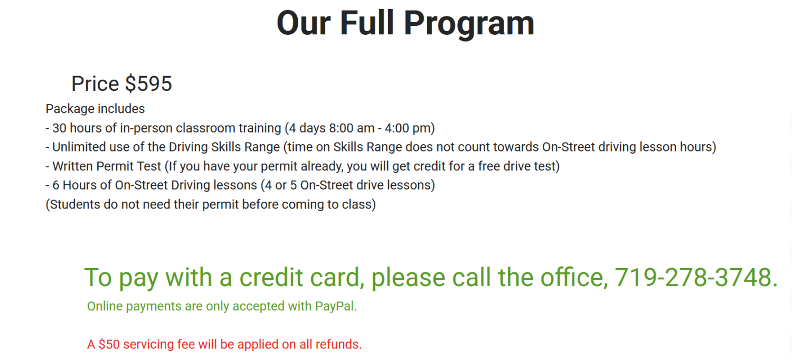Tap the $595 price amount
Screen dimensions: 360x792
tap(148, 84)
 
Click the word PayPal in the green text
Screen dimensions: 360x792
tap(335, 306)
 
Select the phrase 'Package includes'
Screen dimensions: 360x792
tap(95, 109)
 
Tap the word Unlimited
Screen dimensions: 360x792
tap(77, 147)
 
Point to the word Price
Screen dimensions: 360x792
tap(95, 84)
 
